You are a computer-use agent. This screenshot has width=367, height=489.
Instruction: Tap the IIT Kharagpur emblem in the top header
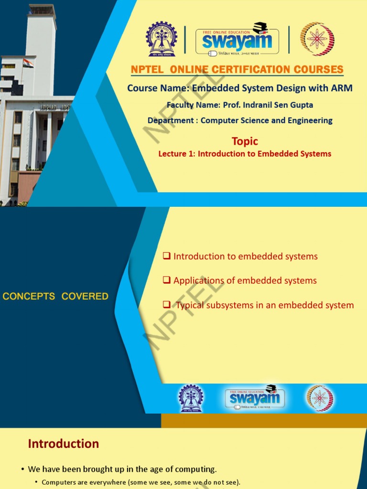pos(162,40)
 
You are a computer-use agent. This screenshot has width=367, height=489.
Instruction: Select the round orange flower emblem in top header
pos(314,39)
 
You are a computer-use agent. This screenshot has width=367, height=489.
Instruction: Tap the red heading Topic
pos(245,141)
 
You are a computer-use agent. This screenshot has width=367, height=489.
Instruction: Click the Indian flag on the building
pos(28,63)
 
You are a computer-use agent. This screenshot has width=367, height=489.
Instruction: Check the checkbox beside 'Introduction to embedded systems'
pos(167,256)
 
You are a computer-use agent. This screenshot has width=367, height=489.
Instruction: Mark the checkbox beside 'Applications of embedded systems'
pos(167,280)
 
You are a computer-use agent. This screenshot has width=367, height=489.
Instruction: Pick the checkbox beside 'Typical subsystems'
pos(167,305)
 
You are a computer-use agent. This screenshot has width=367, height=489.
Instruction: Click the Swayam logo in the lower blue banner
pos(254,397)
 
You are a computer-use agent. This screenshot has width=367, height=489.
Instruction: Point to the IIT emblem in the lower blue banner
pos(191,397)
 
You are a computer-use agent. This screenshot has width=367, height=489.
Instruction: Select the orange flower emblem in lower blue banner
pos(320,398)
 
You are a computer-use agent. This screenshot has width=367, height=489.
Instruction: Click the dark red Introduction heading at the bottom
pos(64,444)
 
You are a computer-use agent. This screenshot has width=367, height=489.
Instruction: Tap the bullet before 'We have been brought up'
pos(22,469)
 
